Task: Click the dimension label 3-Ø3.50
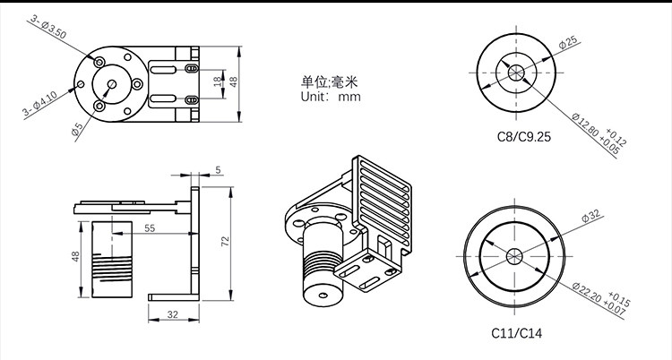tap(47, 28)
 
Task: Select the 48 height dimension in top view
tap(235, 81)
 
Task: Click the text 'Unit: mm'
tap(330, 97)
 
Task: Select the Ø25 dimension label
tap(566, 43)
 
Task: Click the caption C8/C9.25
tap(524, 138)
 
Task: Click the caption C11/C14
tap(517, 333)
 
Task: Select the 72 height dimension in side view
tap(226, 242)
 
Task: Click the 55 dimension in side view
tap(149, 229)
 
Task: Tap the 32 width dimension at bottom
tap(171, 314)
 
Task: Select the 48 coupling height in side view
tap(76, 256)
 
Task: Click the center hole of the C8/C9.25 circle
tap(517, 72)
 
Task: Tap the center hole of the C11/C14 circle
tap(515, 255)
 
